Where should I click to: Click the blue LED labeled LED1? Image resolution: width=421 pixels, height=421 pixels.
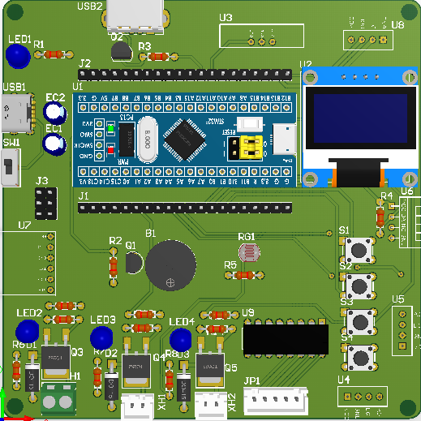[x=17, y=55]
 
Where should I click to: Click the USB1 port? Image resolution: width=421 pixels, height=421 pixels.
[x=15, y=114]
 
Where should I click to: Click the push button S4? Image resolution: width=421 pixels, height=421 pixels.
[x=359, y=355]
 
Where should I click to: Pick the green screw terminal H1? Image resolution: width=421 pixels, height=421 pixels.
[x=56, y=401]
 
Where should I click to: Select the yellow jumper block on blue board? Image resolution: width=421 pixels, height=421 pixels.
[x=245, y=147]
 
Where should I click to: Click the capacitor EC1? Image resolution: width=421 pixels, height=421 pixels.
[x=54, y=144]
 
